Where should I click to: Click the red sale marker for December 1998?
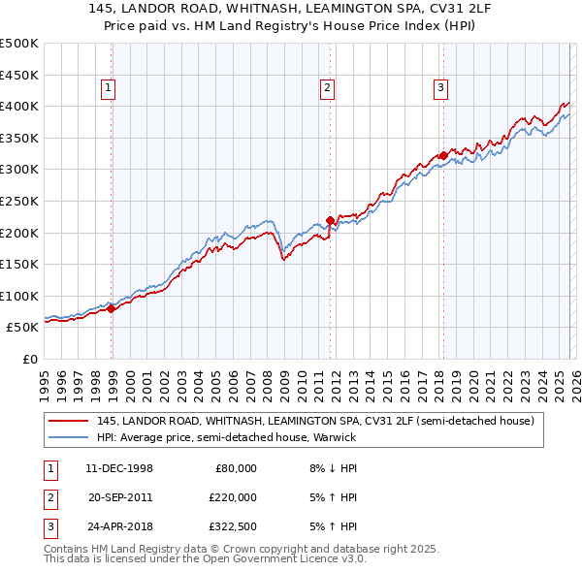pyautogui.click(x=112, y=308)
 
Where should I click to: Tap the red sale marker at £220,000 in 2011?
pyautogui.click(x=330, y=220)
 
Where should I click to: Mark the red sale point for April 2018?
pyautogui.click(x=443, y=155)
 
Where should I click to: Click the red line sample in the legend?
pyautogui.click(x=69, y=422)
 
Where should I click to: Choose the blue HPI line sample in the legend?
pyautogui.click(x=69, y=437)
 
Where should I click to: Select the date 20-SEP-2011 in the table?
pyautogui.click(x=119, y=497)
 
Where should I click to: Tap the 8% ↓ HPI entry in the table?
pyautogui.click(x=334, y=468)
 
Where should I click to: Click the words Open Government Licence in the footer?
pyautogui.click(x=270, y=559)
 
